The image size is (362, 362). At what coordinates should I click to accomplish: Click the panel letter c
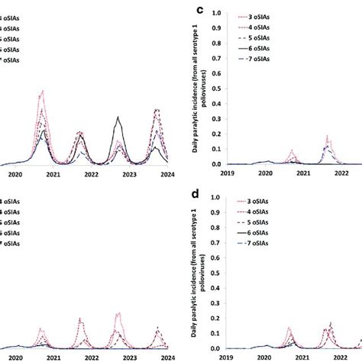click(200, 10)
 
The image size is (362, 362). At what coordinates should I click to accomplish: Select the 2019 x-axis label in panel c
click(227, 174)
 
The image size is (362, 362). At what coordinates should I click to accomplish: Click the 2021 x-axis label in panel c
click(303, 174)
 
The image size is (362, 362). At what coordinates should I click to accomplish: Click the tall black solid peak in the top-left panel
click(118, 118)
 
